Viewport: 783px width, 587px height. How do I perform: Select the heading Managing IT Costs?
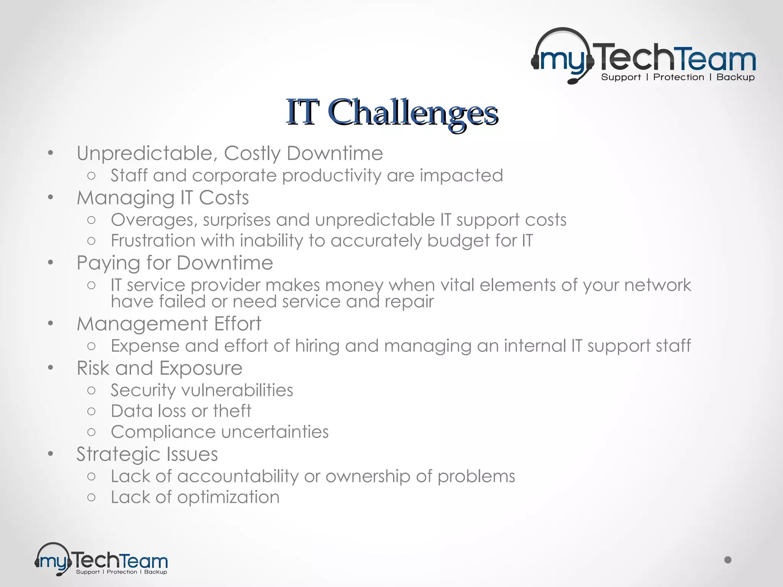click(162, 198)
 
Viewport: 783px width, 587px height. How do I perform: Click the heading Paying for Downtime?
click(175, 263)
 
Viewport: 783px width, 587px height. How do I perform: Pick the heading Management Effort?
click(169, 324)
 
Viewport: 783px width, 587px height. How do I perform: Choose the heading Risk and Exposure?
click(159, 368)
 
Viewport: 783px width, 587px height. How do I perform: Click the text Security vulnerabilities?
click(202, 390)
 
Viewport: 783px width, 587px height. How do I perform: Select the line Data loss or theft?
click(181, 411)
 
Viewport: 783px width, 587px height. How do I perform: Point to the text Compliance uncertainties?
click(219, 432)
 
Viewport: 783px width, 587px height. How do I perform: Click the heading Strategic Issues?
click(147, 454)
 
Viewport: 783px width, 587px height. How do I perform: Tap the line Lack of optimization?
click(195, 497)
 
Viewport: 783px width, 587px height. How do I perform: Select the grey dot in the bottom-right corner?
click(728, 560)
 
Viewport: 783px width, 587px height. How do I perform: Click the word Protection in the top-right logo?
click(678, 77)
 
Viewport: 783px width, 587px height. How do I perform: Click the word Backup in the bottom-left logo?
click(155, 572)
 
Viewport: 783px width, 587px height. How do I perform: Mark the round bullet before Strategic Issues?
click(51, 454)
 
